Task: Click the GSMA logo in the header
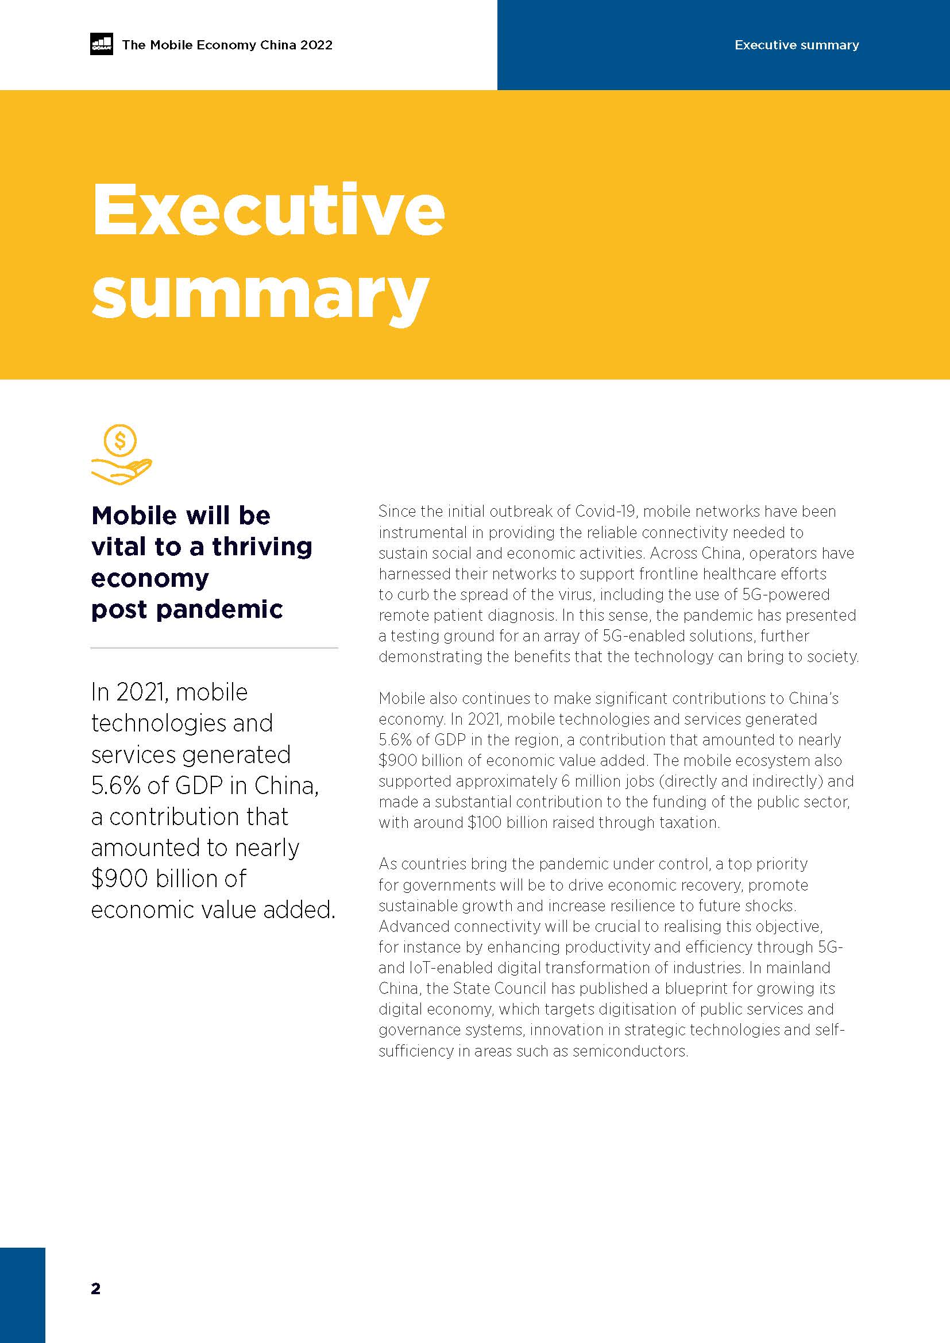click(x=101, y=45)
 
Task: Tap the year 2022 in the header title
click(x=316, y=45)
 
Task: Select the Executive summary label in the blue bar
click(x=796, y=45)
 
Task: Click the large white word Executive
click(x=268, y=210)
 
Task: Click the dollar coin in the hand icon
click(x=120, y=440)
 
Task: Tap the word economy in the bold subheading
click(x=150, y=578)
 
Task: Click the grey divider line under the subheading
click(x=214, y=648)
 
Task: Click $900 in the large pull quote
click(x=120, y=878)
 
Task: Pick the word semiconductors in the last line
click(x=630, y=1051)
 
